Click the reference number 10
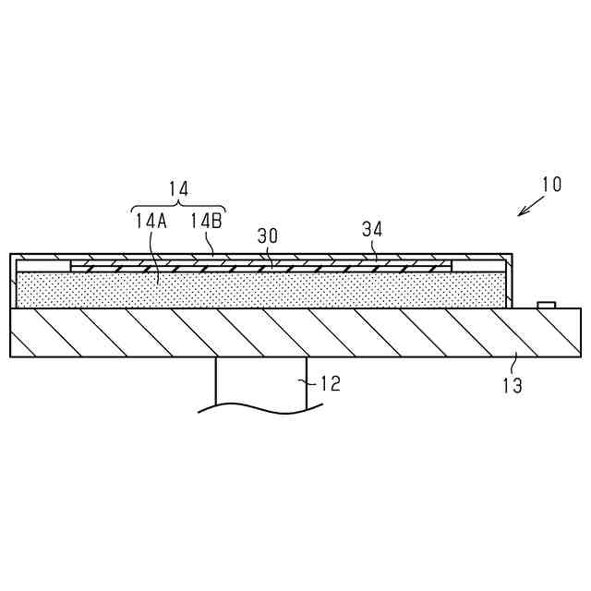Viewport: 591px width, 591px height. pyautogui.click(x=551, y=184)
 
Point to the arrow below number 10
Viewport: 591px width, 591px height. pyautogui.click(x=530, y=205)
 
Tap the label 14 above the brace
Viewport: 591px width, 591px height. pyautogui.click(x=178, y=188)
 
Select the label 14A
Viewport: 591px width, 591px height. pyautogui.click(x=151, y=221)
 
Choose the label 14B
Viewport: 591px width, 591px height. pyautogui.click(x=206, y=221)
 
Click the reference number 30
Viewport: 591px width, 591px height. pyautogui.click(x=268, y=235)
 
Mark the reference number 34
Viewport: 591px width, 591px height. pyautogui.click(x=372, y=228)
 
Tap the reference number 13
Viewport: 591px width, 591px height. pyautogui.click(x=512, y=386)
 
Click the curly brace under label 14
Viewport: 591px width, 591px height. pyautogui.click(x=178, y=205)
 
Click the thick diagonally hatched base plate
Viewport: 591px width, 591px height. pyautogui.click(x=277, y=332)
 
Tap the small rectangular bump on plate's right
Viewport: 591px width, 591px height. pyautogui.click(x=547, y=304)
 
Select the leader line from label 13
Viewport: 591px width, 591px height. pyautogui.click(x=513, y=362)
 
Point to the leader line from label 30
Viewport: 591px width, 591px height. pyautogui.click(x=272, y=254)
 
